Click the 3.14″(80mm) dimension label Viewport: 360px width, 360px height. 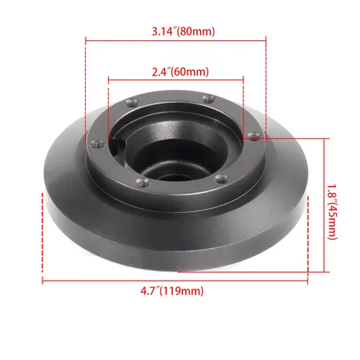point(177,32)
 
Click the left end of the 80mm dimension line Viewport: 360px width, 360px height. point(86,40)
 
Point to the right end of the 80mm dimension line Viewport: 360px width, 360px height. point(267,40)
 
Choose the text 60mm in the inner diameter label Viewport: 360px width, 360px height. point(193,72)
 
